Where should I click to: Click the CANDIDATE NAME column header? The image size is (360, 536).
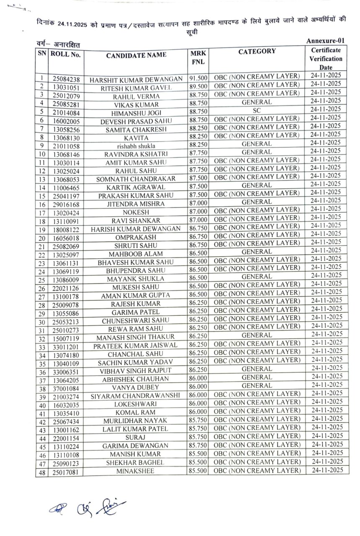[x=136, y=55]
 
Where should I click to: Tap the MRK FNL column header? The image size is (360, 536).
[x=198, y=58]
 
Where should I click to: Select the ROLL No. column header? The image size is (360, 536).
[x=66, y=54]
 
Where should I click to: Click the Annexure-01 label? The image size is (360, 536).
[x=325, y=41]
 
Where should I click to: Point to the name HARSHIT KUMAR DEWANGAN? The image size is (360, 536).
[x=136, y=80]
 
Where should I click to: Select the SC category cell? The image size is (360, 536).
[x=257, y=110]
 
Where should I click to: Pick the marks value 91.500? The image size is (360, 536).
[x=198, y=78]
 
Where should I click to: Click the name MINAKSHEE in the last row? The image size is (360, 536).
[x=136, y=471]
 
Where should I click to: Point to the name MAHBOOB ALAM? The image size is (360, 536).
[x=136, y=254]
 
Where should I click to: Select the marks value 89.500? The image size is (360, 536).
[x=198, y=86]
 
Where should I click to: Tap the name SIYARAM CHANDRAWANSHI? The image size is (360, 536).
[x=136, y=396]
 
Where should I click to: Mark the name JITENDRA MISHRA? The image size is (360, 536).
[x=136, y=204]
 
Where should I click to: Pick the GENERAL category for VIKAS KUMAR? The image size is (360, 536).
[x=257, y=102]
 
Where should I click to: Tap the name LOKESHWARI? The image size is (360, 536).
[x=136, y=405]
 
